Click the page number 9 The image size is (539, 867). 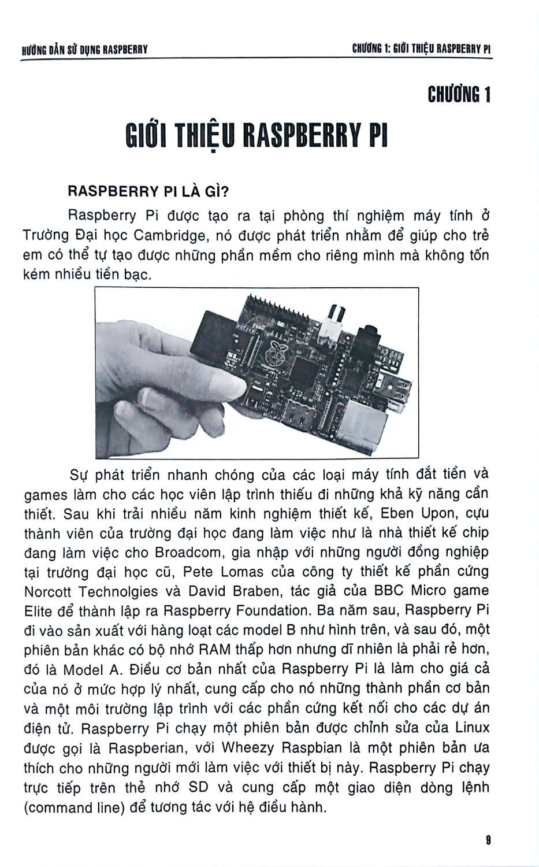(x=488, y=839)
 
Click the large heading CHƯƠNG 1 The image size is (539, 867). (x=459, y=94)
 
